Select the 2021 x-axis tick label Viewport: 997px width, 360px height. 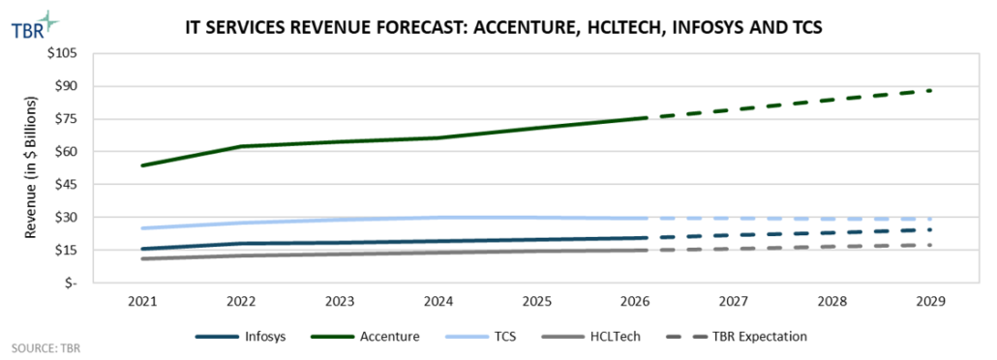[x=141, y=301]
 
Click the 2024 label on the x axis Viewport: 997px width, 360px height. [x=438, y=301]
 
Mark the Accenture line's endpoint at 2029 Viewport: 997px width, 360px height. [x=930, y=90]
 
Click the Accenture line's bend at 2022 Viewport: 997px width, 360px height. [x=240, y=146]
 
